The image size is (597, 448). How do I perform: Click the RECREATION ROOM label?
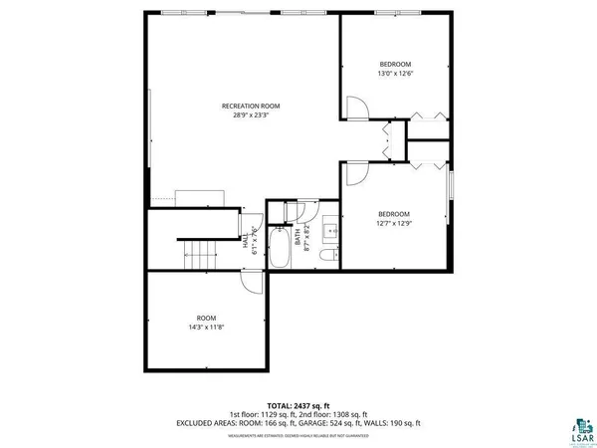pos(250,106)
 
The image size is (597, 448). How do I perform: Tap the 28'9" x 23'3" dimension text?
pos(250,115)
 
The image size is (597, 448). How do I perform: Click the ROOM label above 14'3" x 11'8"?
pos(205,318)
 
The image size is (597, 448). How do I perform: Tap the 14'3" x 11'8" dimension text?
pos(205,328)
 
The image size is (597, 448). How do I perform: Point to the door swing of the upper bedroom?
pos(355,108)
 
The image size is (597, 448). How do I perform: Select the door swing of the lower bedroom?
pos(355,174)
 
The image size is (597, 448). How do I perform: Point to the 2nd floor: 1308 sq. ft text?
pos(334,414)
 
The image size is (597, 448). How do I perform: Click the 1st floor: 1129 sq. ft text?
pos(264,414)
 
